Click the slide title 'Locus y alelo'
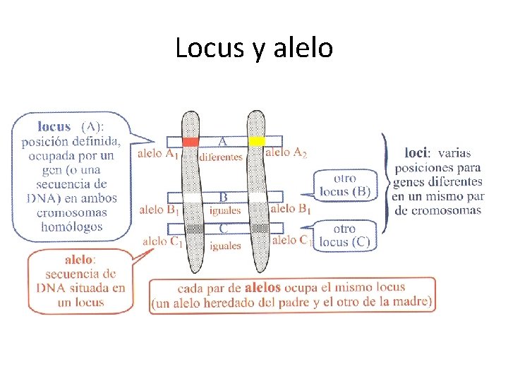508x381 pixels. tap(253, 48)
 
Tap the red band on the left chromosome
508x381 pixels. tap(190, 142)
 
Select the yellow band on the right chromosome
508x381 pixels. tap(257, 141)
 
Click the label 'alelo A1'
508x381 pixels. tap(158, 153)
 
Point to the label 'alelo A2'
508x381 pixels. tap(286, 152)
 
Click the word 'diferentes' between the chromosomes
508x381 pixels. tap(221, 157)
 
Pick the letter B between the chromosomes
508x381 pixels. tap(223, 198)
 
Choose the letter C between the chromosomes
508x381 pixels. tap(223, 229)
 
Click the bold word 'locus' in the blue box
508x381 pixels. tap(54, 127)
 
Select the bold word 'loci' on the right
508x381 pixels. tap(417, 152)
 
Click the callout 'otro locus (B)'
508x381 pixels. tap(344, 185)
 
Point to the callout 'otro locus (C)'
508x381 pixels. tap(344, 236)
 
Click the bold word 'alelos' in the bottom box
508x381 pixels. tap(262, 288)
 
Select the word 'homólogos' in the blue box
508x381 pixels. tap(71, 226)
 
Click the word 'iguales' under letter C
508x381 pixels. tap(225, 246)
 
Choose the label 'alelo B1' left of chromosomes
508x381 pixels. tap(161, 209)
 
